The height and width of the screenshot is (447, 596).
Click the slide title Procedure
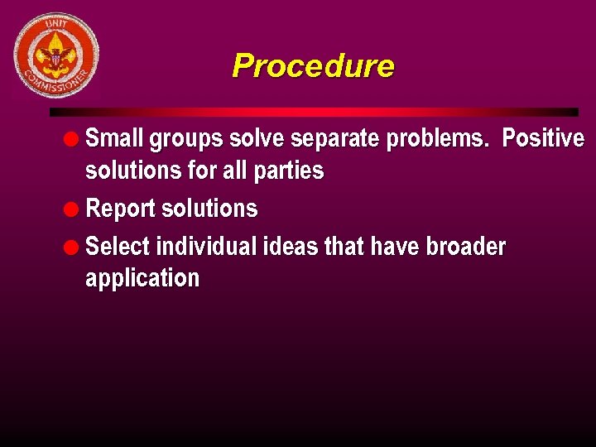tap(313, 65)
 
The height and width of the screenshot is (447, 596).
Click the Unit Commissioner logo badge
tap(56, 55)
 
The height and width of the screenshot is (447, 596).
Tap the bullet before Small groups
tap(74, 138)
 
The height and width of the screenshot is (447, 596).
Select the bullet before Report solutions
tap(74, 209)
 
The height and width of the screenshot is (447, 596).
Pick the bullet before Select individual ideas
tap(74, 247)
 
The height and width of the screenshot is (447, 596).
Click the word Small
tap(113, 138)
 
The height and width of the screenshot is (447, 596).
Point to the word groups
tap(184, 139)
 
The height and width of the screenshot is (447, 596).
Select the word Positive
tap(543, 138)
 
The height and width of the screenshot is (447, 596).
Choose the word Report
tap(121, 209)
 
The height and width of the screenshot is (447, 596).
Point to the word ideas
tap(291, 247)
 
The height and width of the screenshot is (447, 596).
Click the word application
tap(142, 279)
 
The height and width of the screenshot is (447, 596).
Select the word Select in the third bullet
tap(118, 247)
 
